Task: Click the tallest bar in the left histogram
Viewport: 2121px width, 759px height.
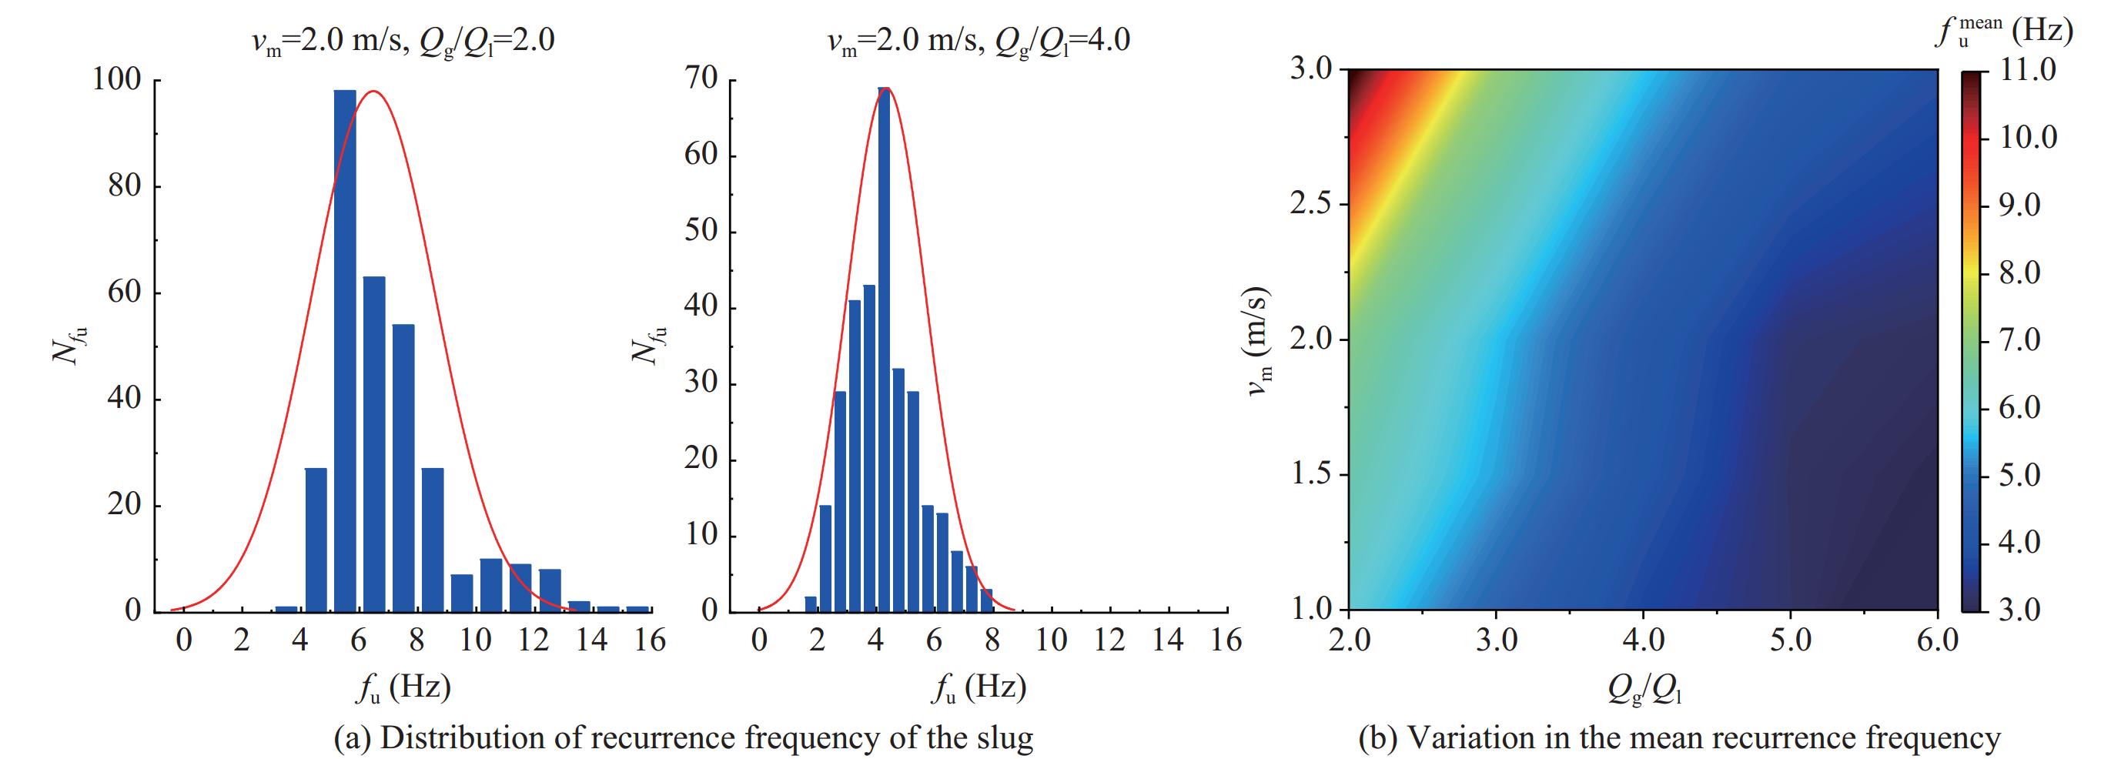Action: coord(345,350)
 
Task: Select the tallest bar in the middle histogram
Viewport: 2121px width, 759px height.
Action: coord(884,350)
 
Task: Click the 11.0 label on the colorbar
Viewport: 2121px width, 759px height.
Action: coord(2028,70)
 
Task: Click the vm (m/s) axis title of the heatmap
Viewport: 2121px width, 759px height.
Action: coord(1259,341)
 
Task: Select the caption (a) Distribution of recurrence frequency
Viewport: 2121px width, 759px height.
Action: coord(683,737)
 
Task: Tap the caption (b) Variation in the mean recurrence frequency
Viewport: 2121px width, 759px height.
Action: coord(1679,737)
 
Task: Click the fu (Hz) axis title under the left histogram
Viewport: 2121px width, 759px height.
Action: coord(403,688)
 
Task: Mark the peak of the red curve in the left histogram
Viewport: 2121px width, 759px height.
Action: coord(375,92)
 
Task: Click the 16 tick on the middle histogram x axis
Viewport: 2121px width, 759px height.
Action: coord(1226,640)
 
